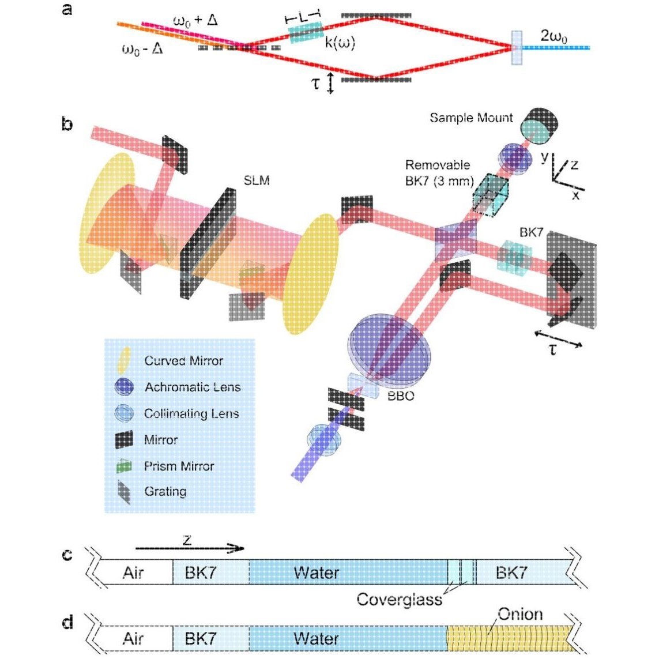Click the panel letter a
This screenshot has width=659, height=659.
pyautogui.click(x=67, y=9)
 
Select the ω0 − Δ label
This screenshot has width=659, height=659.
pyautogui.click(x=142, y=49)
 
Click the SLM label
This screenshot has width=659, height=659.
pyautogui.click(x=257, y=180)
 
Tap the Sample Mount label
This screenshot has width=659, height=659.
pyautogui.click(x=471, y=118)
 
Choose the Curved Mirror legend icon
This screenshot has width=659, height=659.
pyautogui.click(x=124, y=360)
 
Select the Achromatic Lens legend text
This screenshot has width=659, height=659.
pyautogui.click(x=192, y=387)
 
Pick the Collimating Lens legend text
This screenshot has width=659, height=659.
pyautogui.click(x=191, y=413)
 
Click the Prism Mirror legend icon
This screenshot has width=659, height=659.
pyautogui.click(x=125, y=466)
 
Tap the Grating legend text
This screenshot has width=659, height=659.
pyautogui.click(x=165, y=492)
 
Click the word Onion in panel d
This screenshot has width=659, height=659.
pyautogui.click(x=520, y=614)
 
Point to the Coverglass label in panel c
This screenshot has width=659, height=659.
pyautogui.click(x=399, y=599)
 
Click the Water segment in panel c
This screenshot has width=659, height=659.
pyautogui.click(x=316, y=573)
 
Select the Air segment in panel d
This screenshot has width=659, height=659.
pyautogui.click(x=133, y=639)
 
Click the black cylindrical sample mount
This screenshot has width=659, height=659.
pyautogui.click(x=540, y=125)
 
